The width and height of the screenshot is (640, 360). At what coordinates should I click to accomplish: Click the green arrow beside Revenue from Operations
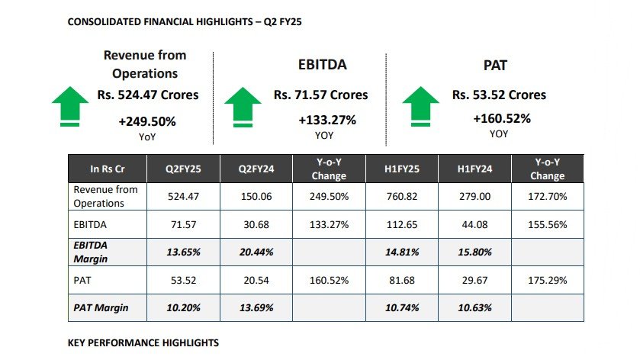[70, 106]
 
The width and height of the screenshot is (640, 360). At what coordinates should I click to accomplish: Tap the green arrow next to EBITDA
[243, 107]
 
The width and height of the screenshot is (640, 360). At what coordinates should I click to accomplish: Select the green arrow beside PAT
[421, 106]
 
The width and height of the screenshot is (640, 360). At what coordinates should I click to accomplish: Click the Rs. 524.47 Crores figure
[148, 95]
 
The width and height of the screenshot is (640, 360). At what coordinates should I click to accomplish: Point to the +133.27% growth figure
[327, 120]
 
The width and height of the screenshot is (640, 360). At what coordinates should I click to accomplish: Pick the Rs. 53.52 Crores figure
[499, 95]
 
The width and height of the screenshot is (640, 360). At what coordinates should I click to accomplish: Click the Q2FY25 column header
[183, 169]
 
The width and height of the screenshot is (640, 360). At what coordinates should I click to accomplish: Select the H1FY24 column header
[474, 169]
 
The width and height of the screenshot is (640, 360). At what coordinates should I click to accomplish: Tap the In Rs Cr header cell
[108, 169]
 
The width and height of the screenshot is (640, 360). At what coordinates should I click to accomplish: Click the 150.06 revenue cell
[256, 196]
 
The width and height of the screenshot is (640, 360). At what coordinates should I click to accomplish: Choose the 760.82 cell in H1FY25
[402, 196]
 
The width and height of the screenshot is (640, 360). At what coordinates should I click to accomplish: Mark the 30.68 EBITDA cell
[256, 224]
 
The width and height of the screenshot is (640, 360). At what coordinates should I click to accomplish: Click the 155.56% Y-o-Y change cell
[548, 224]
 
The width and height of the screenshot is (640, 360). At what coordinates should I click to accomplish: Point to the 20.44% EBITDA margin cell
[256, 252]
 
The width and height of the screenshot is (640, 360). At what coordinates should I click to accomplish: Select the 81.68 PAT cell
[402, 281]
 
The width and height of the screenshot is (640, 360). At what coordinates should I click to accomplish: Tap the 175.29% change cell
[548, 281]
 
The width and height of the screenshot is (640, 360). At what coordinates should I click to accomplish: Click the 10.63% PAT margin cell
[474, 308]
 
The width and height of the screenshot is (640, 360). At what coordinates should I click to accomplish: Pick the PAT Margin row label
[101, 308]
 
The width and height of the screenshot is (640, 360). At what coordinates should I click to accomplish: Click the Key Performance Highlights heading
[143, 343]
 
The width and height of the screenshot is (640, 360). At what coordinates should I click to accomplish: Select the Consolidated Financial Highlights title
[185, 21]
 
